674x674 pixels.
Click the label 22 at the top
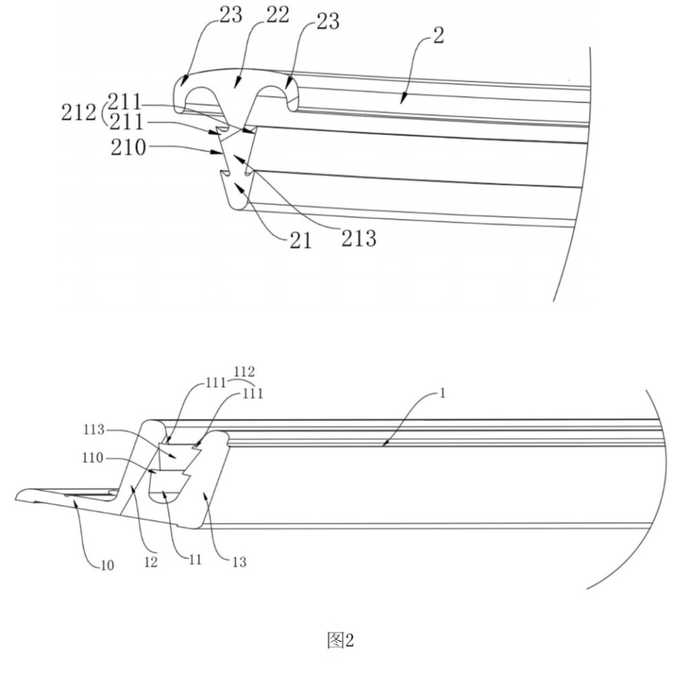[x=278, y=15]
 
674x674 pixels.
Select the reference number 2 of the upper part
[x=438, y=35]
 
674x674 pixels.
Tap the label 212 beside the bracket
[x=78, y=112]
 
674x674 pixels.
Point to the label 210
[x=128, y=147]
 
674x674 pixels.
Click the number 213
[x=359, y=238]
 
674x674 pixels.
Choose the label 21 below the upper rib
[x=300, y=241]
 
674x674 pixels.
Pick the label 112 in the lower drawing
[x=244, y=371]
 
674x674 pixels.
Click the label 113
[x=94, y=430]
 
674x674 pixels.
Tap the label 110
[x=93, y=458]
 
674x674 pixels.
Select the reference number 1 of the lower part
[x=443, y=393]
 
